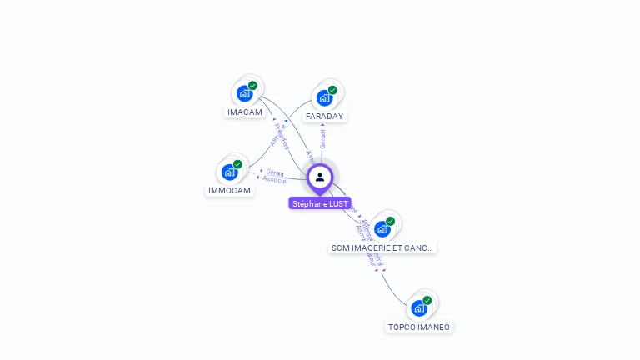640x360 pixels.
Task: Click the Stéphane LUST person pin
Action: (320, 177)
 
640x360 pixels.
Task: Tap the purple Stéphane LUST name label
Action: (320, 203)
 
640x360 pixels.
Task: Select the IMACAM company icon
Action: (244, 92)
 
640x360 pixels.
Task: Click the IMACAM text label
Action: (245, 112)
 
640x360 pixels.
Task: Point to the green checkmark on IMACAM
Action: (252, 85)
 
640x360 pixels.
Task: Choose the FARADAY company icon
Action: (324, 97)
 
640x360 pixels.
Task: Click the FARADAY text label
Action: (325, 116)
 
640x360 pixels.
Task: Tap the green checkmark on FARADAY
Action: (332, 90)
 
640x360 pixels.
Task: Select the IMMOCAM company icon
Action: (229, 172)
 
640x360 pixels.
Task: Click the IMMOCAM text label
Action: (229, 190)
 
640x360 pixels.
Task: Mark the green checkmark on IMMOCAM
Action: (237, 164)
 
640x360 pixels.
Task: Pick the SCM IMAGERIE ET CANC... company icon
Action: (382, 228)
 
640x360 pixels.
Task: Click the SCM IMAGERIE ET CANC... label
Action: (382, 247)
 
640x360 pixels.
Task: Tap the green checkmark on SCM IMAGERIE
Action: (390, 221)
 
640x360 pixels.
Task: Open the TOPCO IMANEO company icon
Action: (419, 307)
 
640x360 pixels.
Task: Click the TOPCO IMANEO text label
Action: (419, 327)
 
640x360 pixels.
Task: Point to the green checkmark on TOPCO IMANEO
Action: (427, 300)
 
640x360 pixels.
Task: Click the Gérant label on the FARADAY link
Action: (322, 138)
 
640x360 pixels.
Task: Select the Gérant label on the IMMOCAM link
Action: (275, 172)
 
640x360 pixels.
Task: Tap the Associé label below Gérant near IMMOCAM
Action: (274, 179)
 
